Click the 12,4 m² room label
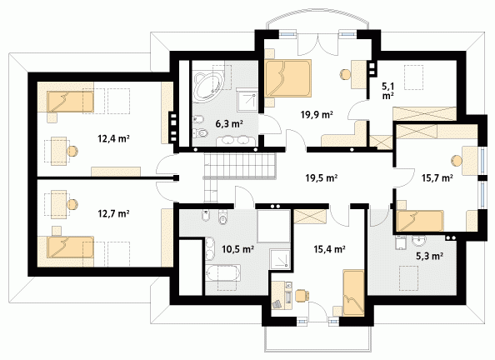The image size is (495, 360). [113, 138]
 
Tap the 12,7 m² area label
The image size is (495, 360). [113, 214]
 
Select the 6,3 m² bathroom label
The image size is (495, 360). [229, 123]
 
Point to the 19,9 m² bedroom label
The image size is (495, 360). [317, 114]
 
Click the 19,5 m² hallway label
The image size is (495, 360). [322, 177]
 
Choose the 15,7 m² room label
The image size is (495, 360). [437, 178]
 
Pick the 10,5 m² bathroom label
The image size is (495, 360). [238, 249]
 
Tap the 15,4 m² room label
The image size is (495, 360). [329, 249]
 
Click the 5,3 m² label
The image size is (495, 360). [429, 256]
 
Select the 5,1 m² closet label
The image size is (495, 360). [388, 90]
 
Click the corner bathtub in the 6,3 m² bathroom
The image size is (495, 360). [208, 87]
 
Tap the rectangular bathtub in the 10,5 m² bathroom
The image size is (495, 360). [222, 273]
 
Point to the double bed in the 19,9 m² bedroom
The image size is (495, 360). [287, 78]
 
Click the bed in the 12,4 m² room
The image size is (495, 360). [71, 102]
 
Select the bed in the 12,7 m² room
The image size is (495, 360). [71, 247]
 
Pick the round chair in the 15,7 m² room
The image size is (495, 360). [457, 161]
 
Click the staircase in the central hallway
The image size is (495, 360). [239, 171]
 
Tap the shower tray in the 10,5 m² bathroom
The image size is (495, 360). [280, 259]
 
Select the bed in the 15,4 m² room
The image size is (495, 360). [353, 292]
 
